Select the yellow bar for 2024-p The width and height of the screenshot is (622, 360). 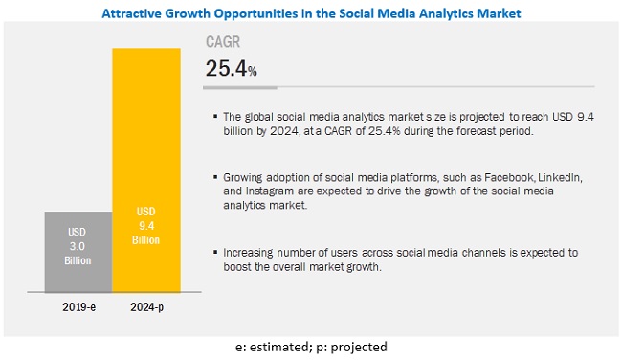coord(145,172)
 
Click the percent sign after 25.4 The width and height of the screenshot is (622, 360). coord(254,71)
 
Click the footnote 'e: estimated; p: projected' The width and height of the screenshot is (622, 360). coord(310,347)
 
